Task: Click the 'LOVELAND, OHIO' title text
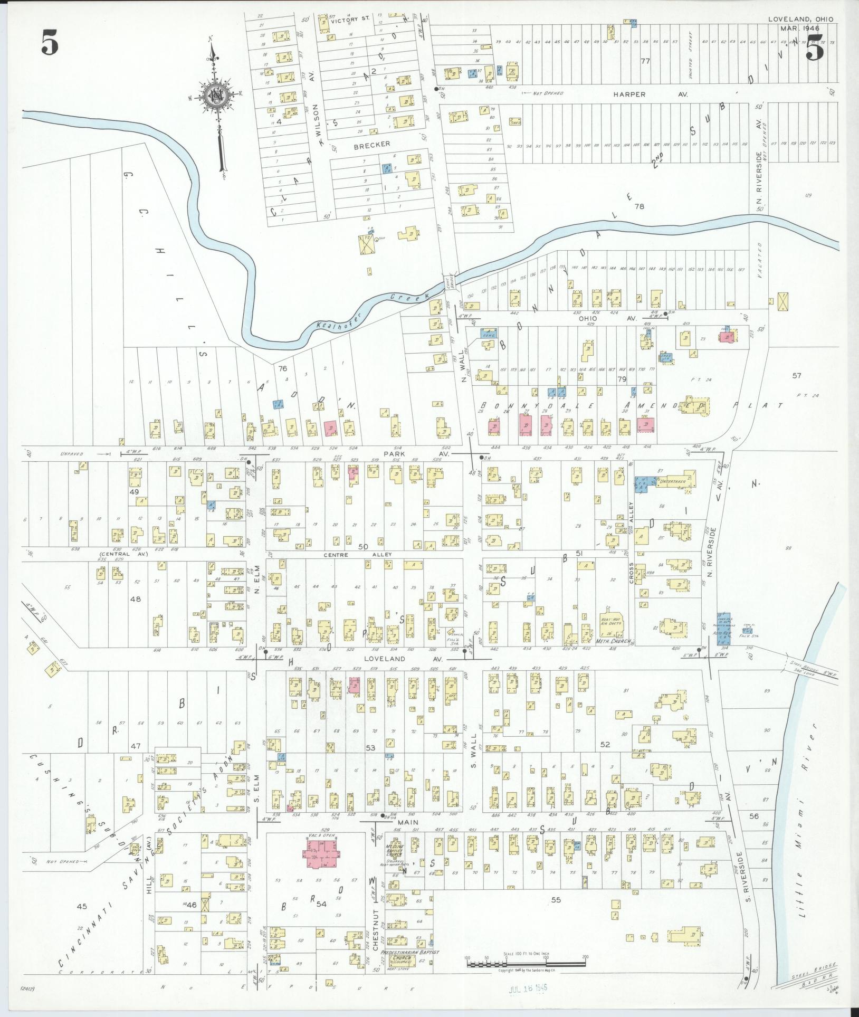tap(800, 19)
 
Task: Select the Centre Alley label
tap(350, 555)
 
